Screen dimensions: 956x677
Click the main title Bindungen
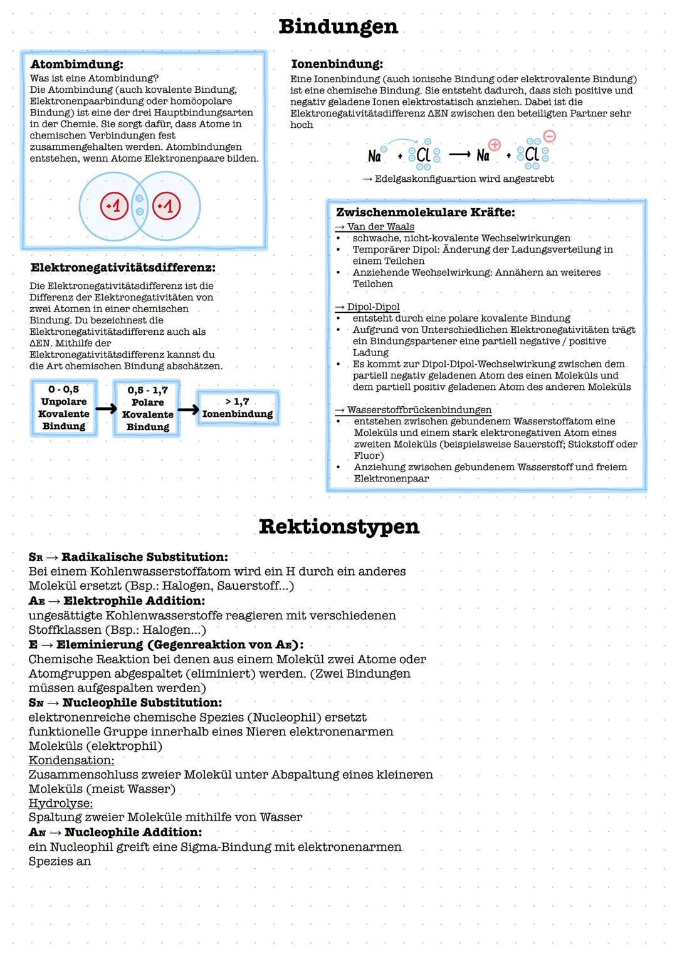pos(338,26)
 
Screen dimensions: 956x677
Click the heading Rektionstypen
pos(338,527)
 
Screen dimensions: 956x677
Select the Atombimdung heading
pos(76,64)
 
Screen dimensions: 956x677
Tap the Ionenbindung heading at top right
pos(337,64)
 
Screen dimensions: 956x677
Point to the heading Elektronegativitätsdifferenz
pos(123,268)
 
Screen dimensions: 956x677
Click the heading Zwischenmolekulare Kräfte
pos(425,213)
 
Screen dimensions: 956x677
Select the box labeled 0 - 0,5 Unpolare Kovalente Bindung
pos(64,408)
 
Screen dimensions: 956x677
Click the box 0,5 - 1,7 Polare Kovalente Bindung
pos(147,409)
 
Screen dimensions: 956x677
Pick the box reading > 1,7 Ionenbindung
pos(238,408)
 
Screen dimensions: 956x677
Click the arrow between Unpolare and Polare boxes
pos(105,409)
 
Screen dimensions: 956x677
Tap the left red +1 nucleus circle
pos(115,206)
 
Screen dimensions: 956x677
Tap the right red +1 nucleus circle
pos(166,206)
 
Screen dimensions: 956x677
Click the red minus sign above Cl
pos(549,136)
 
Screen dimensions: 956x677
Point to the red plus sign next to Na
pos(495,145)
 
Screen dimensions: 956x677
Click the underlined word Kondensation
pos(71,760)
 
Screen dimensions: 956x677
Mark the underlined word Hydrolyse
pos(61,804)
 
